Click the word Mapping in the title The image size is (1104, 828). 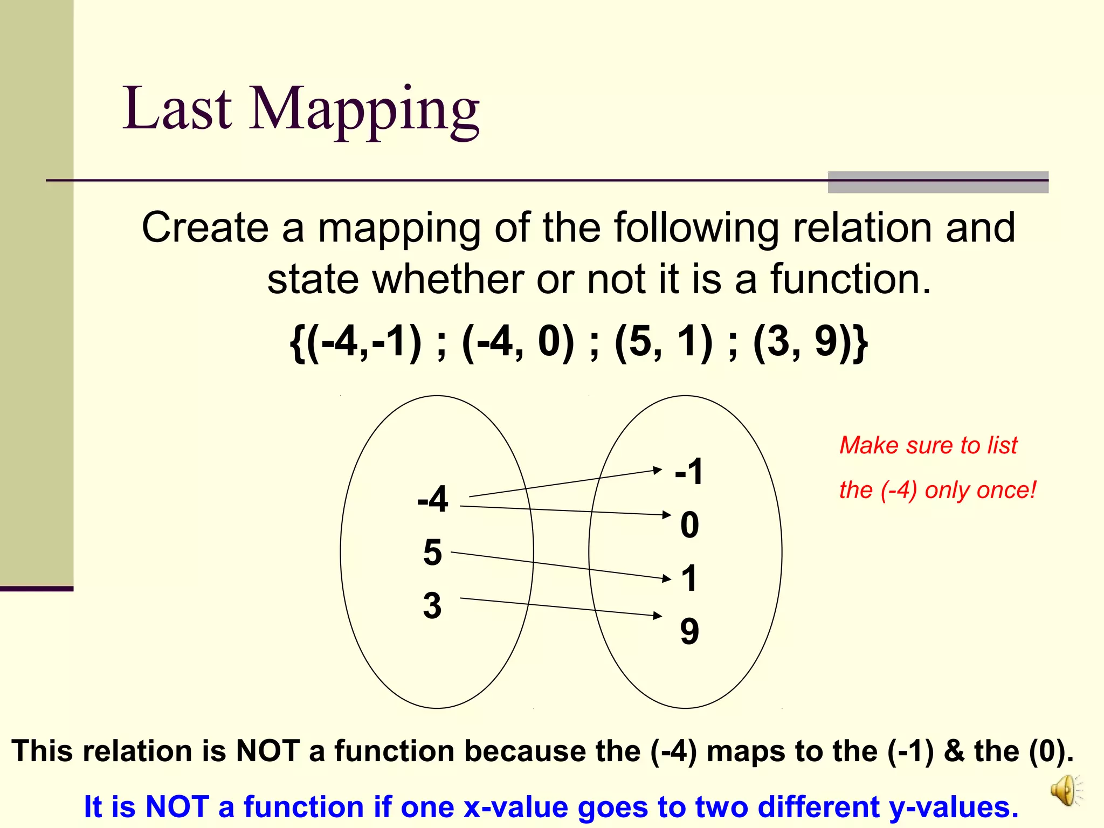(x=364, y=111)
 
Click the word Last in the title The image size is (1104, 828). (x=177, y=109)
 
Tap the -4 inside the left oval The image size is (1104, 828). (x=433, y=499)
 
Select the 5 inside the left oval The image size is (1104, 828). (x=432, y=553)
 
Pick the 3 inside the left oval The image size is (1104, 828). (x=432, y=606)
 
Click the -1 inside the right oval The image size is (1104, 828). (x=689, y=472)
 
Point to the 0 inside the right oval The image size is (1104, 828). (x=689, y=525)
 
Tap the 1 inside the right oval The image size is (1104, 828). (x=689, y=578)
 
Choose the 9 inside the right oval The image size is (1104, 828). (x=689, y=631)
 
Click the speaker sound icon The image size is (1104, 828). (x=1065, y=790)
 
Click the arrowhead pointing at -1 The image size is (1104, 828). (x=657, y=470)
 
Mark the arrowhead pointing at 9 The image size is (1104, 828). (x=658, y=615)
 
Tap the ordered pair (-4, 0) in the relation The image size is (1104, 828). (x=517, y=342)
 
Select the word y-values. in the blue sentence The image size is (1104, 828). (x=954, y=807)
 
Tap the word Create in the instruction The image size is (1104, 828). (x=205, y=227)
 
